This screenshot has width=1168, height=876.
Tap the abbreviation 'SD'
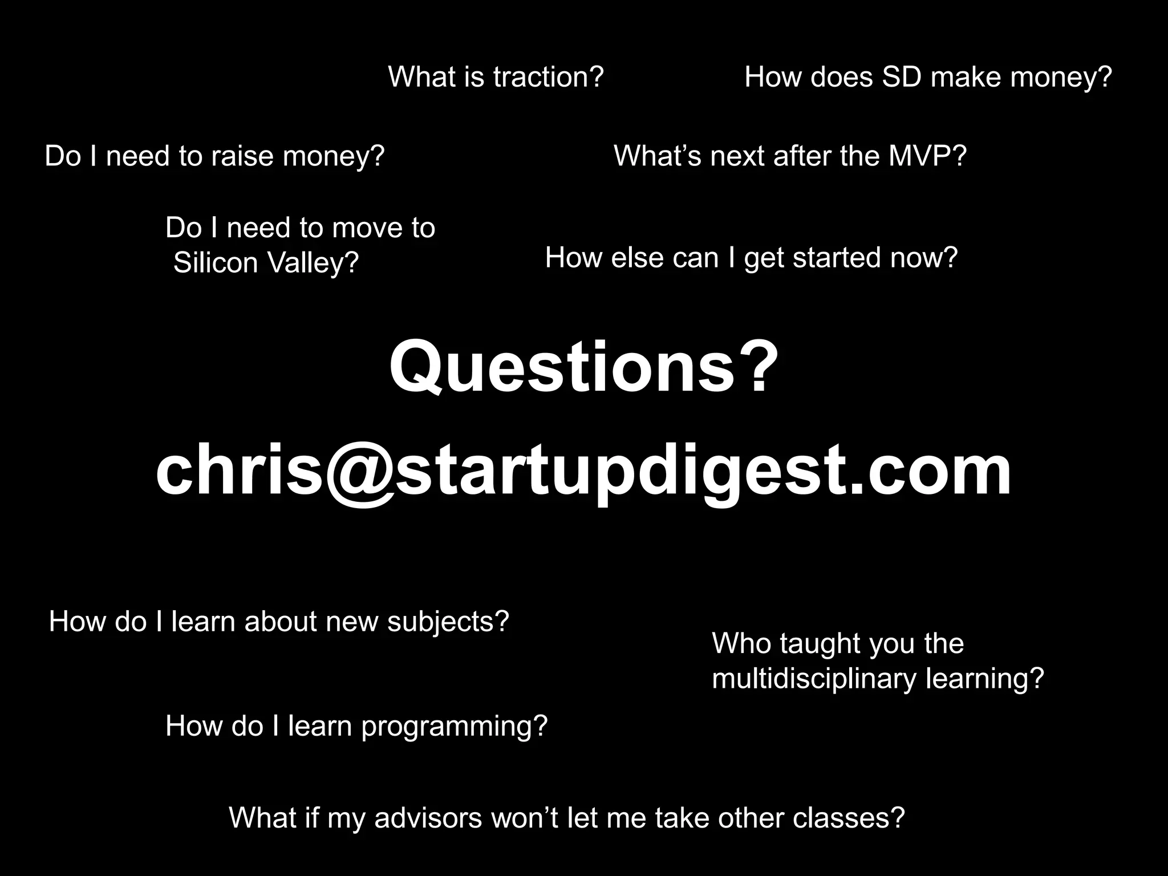tap(901, 77)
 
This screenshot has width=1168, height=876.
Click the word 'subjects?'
tap(448, 622)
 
